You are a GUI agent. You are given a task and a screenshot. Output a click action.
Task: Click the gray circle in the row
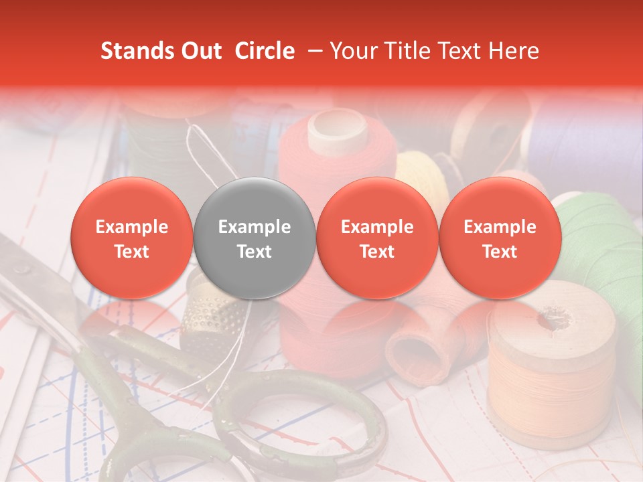(x=255, y=238)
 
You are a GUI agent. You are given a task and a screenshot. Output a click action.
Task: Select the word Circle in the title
(x=265, y=51)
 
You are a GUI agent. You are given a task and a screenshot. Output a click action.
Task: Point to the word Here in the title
(x=514, y=51)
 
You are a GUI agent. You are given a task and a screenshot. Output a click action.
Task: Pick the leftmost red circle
(x=131, y=238)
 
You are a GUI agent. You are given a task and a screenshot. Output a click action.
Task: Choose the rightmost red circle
(x=500, y=238)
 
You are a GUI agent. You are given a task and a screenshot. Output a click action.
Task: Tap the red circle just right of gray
(x=377, y=238)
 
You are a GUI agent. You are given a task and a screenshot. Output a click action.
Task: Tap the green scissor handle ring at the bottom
(x=301, y=428)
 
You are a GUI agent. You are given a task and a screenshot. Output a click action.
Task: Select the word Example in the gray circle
(x=255, y=227)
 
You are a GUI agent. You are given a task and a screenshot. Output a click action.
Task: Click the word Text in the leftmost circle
(x=131, y=252)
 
